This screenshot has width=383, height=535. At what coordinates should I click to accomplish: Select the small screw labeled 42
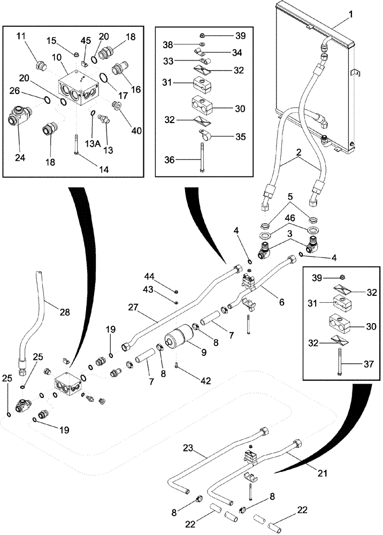coord(177,368)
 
